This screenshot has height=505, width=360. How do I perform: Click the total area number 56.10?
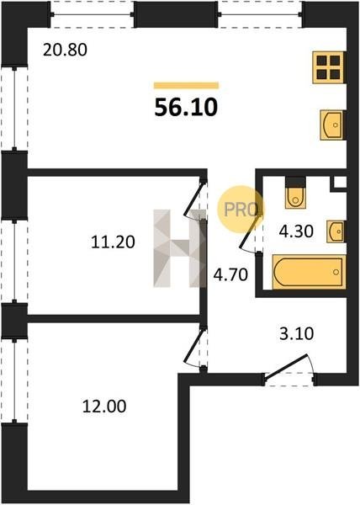pos(186,107)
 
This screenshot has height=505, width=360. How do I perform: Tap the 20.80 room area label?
pos(65,50)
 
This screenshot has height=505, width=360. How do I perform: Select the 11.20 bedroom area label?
pos(113,242)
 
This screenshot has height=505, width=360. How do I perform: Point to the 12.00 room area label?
pos(104,407)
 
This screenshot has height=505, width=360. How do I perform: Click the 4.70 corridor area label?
pos(230,275)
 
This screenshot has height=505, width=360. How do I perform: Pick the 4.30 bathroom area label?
pos(296,231)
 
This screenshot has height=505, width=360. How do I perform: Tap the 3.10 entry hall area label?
pos(296,333)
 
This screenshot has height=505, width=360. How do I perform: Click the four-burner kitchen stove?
pos(329,67)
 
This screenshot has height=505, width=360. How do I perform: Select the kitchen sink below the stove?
pos(332,125)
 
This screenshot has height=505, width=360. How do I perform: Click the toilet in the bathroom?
pos(295,193)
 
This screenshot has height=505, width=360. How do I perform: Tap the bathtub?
pos(309,272)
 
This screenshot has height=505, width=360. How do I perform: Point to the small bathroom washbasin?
pos(336,231)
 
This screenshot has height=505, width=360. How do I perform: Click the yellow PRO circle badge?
pos(241,210)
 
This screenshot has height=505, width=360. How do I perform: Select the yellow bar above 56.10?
pos(186,85)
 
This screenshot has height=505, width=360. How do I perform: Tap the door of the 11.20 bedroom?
pos(195,198)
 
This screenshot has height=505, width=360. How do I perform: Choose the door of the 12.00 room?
pos(195,346)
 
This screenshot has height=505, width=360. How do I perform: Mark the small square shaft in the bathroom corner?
pos(340,183)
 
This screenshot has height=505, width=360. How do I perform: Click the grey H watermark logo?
pos(179,248)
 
